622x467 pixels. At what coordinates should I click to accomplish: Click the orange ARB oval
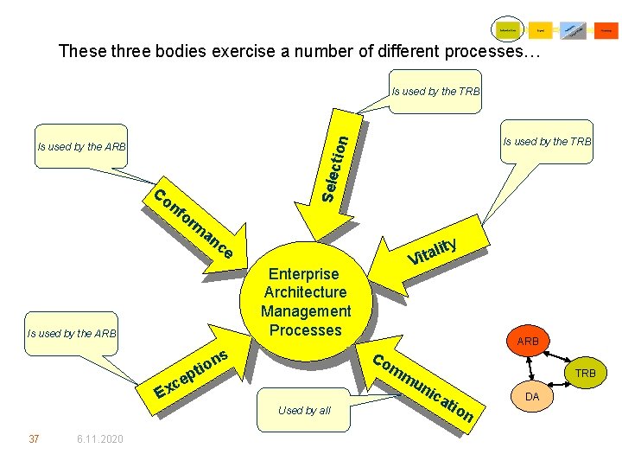[528, 342]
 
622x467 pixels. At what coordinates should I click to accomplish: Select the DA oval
[532, 396]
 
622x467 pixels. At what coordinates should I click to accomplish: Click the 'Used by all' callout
[304, 410]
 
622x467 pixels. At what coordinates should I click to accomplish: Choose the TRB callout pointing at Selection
[435, 92]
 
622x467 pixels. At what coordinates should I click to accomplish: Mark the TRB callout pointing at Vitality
[548, 142]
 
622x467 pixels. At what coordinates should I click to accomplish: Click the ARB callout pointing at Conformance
[82, 146]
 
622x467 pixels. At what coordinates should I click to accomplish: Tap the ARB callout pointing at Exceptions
[72, 333]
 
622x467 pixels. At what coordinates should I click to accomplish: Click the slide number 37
[34, 439]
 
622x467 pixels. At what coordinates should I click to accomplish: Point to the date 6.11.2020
[99, 439]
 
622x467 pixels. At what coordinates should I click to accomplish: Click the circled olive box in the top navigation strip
[507, 30]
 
